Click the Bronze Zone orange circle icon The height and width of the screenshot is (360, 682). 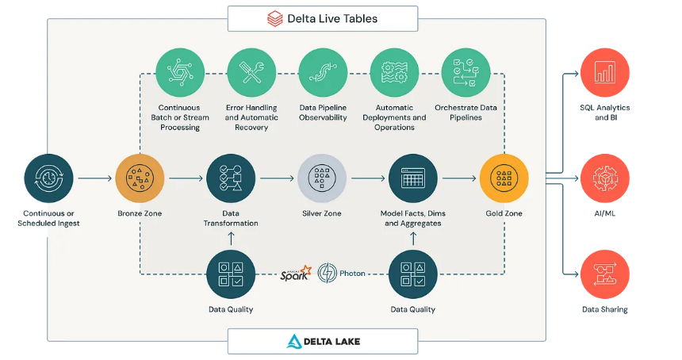point(140,178)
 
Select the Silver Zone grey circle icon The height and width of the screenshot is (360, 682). point(322,178)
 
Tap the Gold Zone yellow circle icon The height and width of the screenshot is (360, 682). point(504,178)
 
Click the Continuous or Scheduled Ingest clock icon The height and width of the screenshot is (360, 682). point(48,178)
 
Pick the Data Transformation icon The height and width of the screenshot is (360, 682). point(231,178)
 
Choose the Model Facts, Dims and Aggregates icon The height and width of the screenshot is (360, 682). point(413,178)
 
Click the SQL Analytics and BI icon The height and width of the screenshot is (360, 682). point(605,73)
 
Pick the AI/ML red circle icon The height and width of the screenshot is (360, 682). point(605,178)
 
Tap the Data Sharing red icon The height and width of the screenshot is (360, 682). point(605,274)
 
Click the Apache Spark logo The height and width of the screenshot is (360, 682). point(296,274)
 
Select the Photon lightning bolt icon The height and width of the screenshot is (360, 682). point(328,274)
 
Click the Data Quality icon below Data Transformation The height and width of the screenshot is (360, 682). point(231,274)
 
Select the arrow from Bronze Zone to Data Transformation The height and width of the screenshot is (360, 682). point(185,179)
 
